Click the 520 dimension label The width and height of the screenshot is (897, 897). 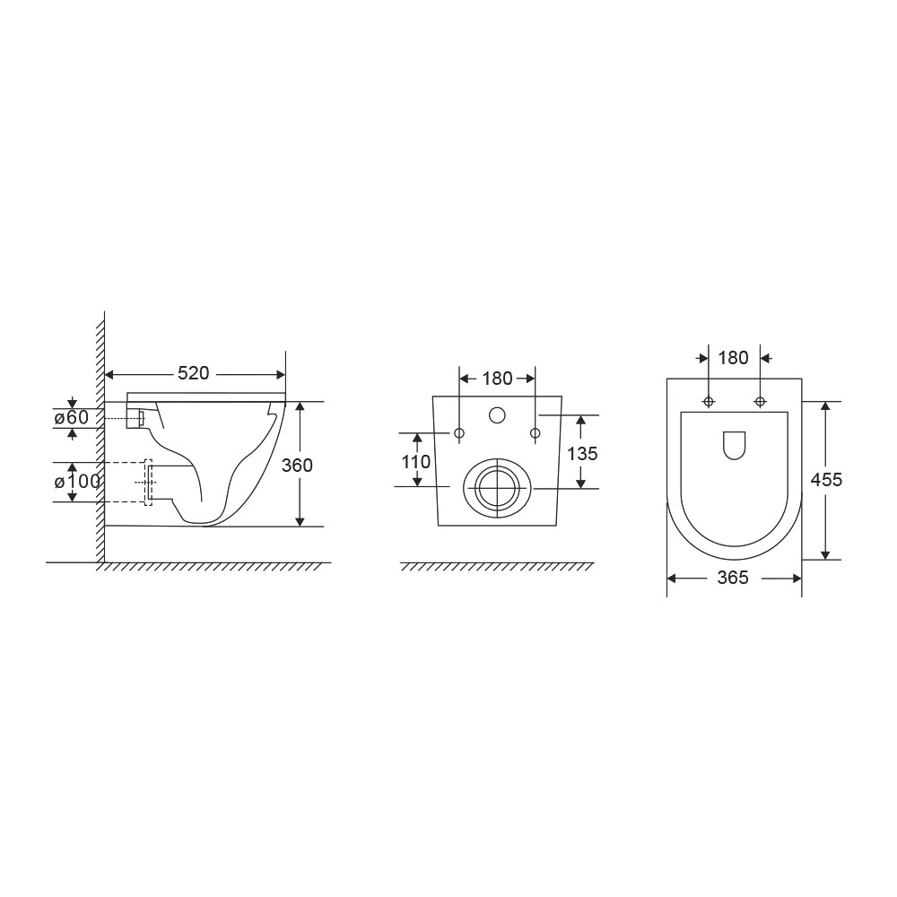click(194, 373)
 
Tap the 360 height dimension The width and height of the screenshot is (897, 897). click(297, 465)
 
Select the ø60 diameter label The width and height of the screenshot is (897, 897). click(72, 418)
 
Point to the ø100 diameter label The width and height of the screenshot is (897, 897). click(77, 482)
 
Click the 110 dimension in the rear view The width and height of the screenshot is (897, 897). click(416, 461)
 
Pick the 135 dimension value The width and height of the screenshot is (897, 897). click(582, 454)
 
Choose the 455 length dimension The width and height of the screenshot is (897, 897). click(827, 479)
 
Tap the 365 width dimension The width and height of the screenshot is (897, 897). click(733, 578)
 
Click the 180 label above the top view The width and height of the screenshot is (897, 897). click(734, 358)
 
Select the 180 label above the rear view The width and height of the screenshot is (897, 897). click(497, 379)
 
